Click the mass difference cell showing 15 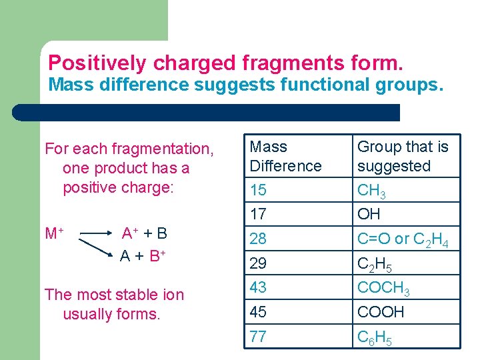(x=258, y=191)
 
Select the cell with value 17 (x=258, y=214)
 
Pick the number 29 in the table (x=258, y=263)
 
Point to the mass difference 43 (x=258, y=287)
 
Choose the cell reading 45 (x=258, y=312)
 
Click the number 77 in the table (x=258, y=337)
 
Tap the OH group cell (x=369, y=214)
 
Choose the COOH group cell (x=381, y=312)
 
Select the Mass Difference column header (x=285, y=156)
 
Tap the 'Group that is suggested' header (x=403, y=156)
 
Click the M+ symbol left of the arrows (x=54, y=234)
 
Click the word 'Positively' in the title (x=98, y=63)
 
